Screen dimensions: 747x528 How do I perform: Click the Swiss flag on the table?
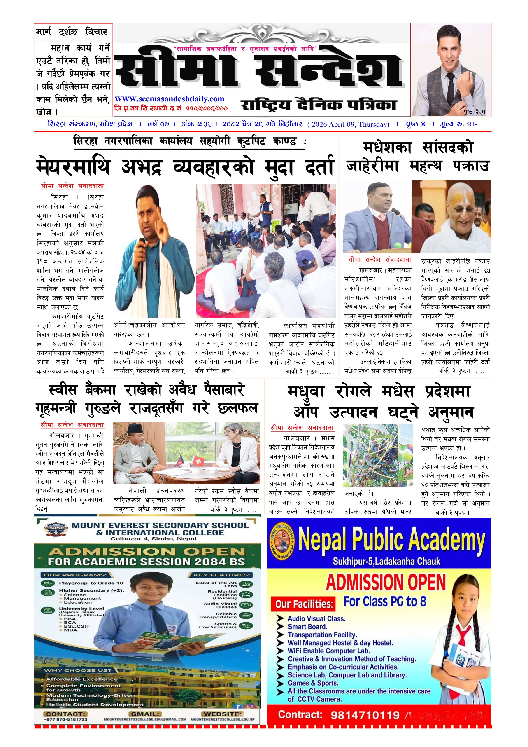(x=197, y=461)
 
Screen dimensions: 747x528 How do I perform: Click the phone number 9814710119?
(x=365, y=715)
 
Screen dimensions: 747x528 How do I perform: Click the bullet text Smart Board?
(x=307, y=627)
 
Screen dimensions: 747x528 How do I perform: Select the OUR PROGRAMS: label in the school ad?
(x=75, y=575)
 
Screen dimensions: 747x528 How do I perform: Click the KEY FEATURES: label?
(x=222, y=575)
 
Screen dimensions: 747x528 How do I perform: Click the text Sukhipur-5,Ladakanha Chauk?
(x=386, y=561)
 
